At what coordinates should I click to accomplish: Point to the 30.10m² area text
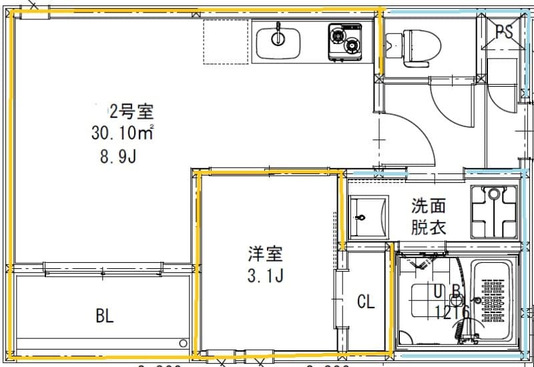point(123,133)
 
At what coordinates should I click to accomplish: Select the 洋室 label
point(265,254)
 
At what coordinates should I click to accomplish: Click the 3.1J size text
point(265,276)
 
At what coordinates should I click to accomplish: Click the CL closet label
point(366,302)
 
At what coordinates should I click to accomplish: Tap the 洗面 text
point(428,206)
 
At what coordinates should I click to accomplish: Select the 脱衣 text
point(428,227)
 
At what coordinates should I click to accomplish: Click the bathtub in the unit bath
point(493,301)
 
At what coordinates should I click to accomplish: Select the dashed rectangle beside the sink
point(226,41)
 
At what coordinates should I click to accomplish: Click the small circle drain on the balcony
point(183,343)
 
